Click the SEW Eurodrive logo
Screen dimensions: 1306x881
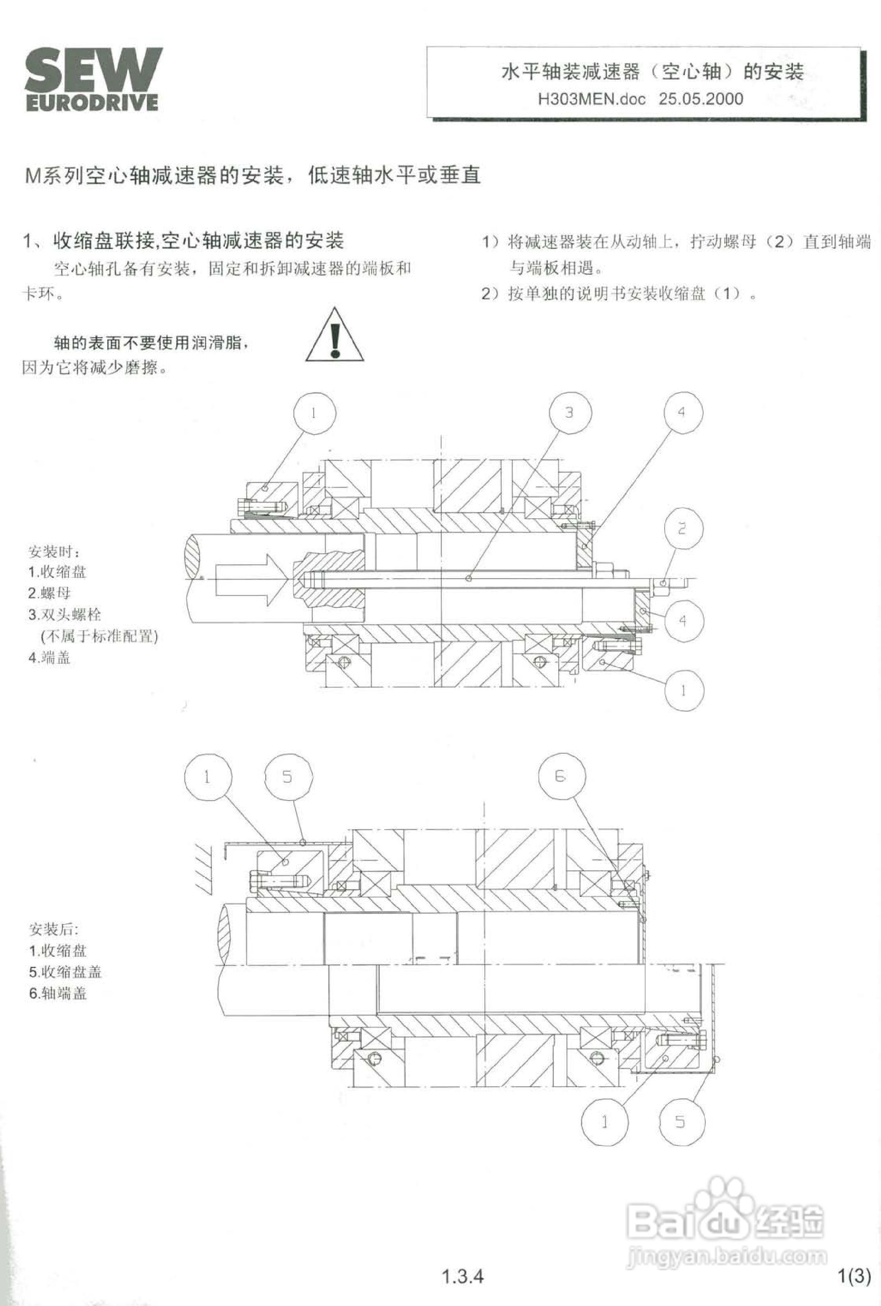point(93,79)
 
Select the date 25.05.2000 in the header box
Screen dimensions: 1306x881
point(701,99)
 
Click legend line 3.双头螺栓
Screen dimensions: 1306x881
point(64,615)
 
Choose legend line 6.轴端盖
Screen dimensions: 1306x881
point(58,993)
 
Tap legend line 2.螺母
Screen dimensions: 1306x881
point(49,593)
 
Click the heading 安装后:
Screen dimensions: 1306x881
point(53,929)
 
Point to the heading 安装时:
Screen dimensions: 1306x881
point(54,551)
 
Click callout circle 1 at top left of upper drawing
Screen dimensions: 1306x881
point(314,414)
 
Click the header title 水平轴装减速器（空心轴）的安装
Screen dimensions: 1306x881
point(652,72)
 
